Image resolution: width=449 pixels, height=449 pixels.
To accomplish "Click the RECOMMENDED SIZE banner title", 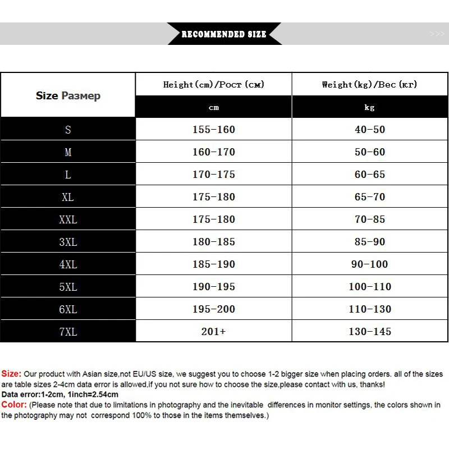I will point(224,34).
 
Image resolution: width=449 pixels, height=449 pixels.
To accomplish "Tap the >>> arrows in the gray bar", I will point(437,34).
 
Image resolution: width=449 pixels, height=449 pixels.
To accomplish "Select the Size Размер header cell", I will point(68,96).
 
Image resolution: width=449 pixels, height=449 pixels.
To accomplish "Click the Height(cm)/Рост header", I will point(213,85).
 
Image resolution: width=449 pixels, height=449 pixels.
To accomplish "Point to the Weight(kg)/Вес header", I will point(369,85).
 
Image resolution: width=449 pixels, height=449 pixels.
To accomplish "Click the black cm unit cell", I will point(213,107).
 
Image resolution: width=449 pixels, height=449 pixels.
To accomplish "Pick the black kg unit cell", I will point(369,107).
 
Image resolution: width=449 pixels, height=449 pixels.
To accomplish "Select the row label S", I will point(68,130).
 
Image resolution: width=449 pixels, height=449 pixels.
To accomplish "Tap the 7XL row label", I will point(68,332).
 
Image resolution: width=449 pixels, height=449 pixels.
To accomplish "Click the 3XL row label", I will point(68,242).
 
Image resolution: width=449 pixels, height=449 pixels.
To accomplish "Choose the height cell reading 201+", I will point(213,332).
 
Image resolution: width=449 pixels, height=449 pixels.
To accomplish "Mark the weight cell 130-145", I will point(369,332).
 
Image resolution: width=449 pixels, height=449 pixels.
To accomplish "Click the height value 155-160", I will point(213,130).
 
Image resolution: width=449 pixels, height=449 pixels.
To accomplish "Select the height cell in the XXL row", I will point(213,219).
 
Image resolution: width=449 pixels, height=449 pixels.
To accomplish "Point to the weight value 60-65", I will point(369,175).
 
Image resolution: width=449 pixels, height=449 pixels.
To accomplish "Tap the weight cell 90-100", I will point(369,264).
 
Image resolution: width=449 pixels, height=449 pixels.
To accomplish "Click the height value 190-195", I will point(213,287).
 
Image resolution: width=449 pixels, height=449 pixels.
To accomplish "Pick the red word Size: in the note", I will point(11,374).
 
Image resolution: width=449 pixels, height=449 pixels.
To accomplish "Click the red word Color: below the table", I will point(14,405).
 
